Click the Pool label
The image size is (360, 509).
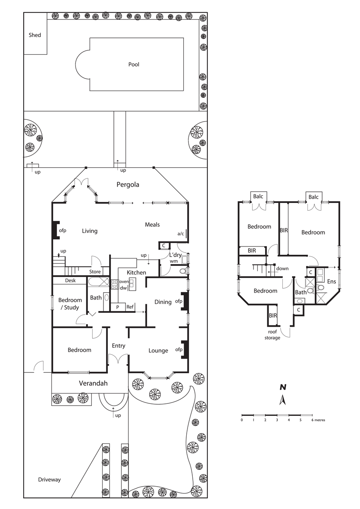coord(134,64)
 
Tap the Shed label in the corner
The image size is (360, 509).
coord(35,35)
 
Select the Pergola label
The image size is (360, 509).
coord(128,185)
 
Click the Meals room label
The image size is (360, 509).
coord(152,224)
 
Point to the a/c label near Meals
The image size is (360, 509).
coord(181,234)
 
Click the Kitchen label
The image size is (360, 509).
coord(136,272)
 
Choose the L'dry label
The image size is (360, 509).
coord(175,255)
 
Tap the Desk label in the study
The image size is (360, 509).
coord(70,281)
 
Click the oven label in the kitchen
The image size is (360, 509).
coord(124,282)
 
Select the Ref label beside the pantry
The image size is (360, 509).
coord(130,307)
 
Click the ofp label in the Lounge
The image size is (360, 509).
coord(178,350)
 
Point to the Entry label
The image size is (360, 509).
coord(119,346)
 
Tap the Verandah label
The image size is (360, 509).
coord(93,384)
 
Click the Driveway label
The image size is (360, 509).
coord(49,479)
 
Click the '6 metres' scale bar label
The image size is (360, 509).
coord(318,420)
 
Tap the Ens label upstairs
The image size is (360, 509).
coord(332,281)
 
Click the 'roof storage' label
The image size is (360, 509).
coord(272,335)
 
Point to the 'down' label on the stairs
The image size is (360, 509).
coord(282,269)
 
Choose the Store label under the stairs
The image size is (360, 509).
coord(95,272)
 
